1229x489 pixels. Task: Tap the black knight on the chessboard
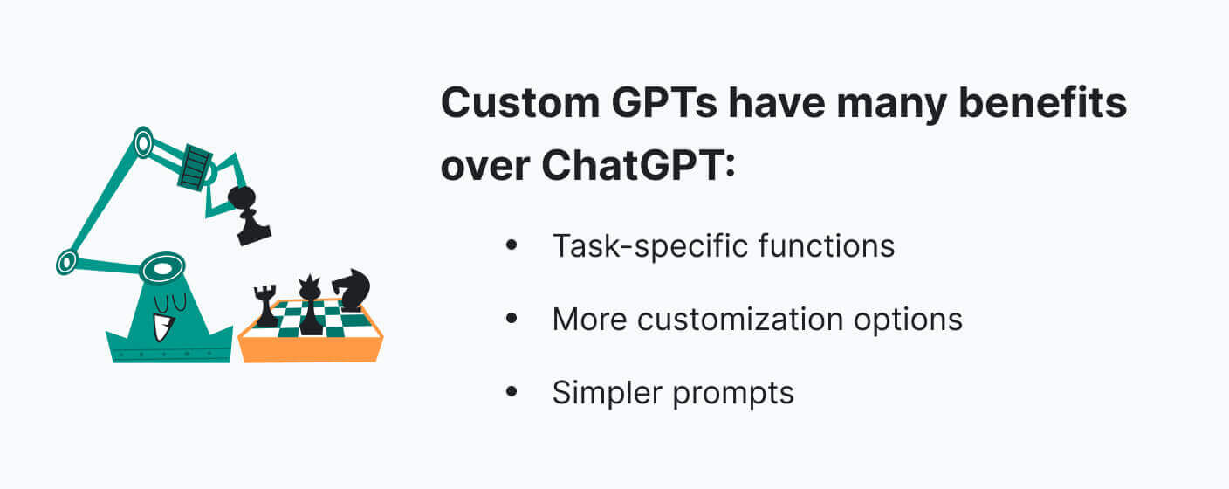click(351, 290)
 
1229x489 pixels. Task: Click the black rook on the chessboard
click(265, 306)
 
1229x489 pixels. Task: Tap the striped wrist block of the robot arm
click(196, 168)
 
